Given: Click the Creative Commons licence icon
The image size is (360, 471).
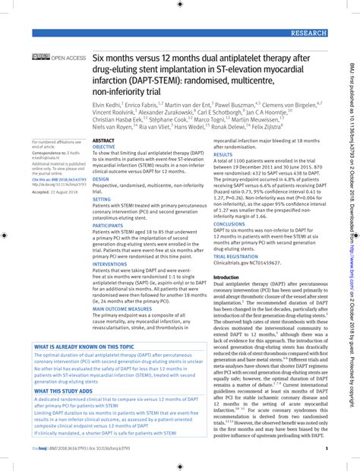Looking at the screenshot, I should click(x=40, y=58).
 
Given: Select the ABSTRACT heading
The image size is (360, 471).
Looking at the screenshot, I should click(x=103, y=142).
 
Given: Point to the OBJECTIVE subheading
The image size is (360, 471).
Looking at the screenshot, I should click(x=106, y=148).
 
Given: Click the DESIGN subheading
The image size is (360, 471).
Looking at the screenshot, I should click(x=101, y=181).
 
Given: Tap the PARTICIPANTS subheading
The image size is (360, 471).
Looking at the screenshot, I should click(x=108, y=226).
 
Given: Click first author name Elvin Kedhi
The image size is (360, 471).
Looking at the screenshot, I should click(x=109, y=104).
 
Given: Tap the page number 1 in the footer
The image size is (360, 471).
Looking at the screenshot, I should click(x=325, y=449).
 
